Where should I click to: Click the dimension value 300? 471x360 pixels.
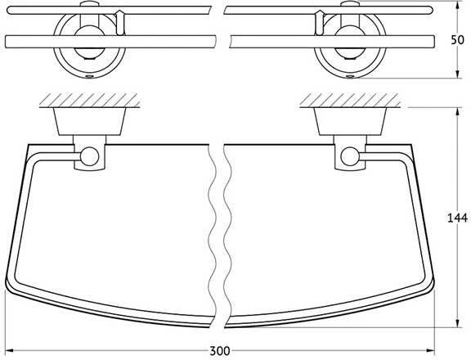[220, 351]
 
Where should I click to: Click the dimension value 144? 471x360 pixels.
[457, 218]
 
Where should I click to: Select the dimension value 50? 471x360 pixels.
[457, 40]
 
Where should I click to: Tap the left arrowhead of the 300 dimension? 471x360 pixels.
[9, 350]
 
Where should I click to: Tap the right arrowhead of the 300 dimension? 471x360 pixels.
[431, 350]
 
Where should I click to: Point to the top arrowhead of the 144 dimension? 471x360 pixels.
[457, 111]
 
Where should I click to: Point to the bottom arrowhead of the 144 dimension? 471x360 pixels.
[457, 323]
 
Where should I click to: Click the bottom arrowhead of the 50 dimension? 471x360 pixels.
[457, 74]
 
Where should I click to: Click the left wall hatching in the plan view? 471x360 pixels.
[90, 100]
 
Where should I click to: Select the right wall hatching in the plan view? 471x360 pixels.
[350, 100]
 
